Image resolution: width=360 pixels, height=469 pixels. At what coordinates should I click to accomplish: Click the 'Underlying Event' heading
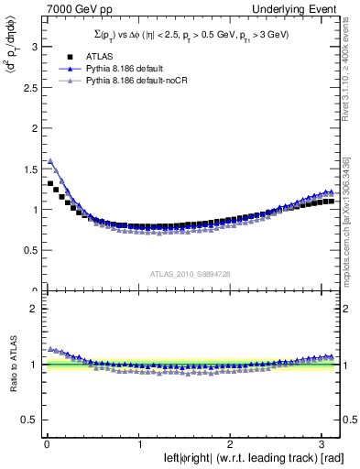(298, 9)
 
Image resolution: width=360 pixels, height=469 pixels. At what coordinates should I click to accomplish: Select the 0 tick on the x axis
(46, 445)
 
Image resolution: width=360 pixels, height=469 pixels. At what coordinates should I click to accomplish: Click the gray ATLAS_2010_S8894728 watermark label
(191, 273)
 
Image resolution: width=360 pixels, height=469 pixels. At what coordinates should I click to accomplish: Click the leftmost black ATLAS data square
(50, 183)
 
